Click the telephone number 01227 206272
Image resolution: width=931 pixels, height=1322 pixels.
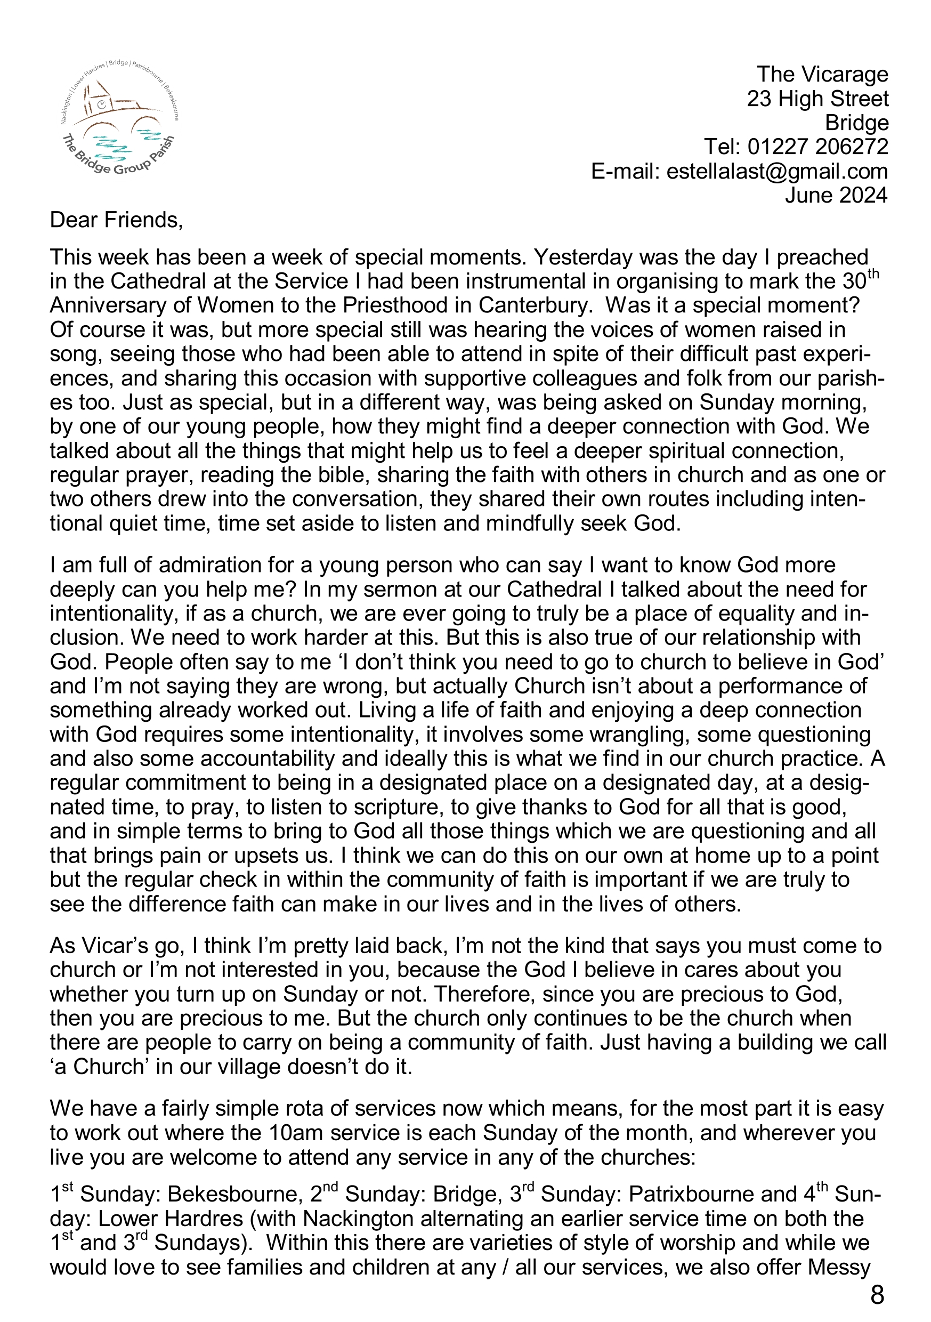(817, 148)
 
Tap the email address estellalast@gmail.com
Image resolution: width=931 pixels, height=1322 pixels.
(776, 172)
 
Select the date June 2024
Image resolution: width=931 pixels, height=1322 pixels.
(836, 196)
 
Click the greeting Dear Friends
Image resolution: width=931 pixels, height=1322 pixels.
(116, 221)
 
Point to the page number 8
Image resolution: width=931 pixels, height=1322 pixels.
(877, 1296)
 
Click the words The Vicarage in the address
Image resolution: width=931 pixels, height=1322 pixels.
(822, 75)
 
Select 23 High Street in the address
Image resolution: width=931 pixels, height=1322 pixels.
(817, 99)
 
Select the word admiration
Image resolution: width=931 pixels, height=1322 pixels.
(213, 566)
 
